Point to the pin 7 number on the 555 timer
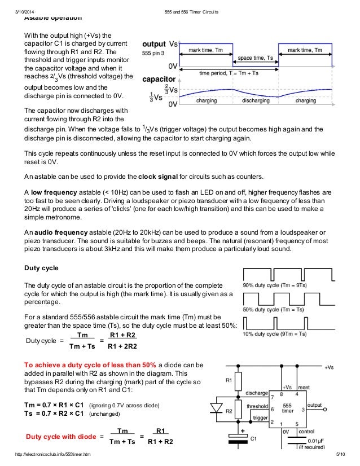click(x=273, y=395)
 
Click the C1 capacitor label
click(x=253, y=438)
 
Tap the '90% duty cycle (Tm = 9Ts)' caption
click(x=275, y=285)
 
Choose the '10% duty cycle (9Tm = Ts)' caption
click(x=275, y=334)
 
